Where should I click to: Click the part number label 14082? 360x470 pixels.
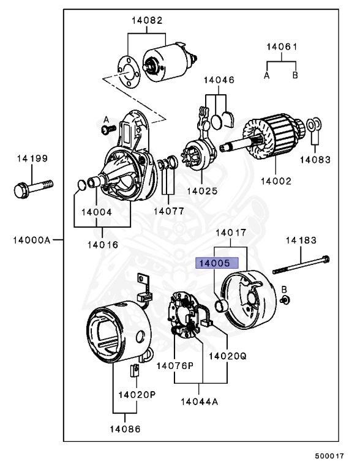(146, 21)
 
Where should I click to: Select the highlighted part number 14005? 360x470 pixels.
(212, 263)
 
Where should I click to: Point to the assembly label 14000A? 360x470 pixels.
(31, 239)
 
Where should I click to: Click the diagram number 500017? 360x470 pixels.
(329, 456)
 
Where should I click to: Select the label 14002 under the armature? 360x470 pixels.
(276, 181)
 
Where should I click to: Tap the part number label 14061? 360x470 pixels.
(282, 47)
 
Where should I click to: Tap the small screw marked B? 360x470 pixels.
(285, 300)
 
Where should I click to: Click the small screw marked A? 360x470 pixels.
(108, 129)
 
